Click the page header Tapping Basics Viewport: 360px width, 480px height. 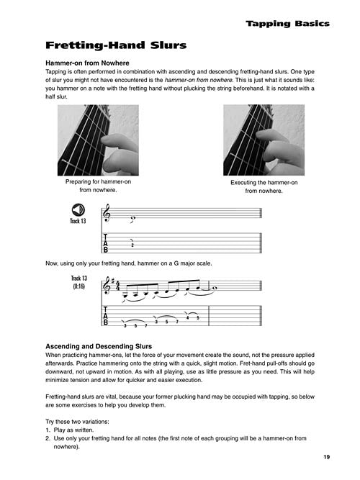coord(287,24)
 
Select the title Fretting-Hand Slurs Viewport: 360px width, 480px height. coord(116,45)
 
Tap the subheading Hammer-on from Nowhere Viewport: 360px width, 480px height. coord(87,63)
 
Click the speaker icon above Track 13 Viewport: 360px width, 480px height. coord(78,210)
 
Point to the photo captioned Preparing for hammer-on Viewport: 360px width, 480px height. coord(98,140)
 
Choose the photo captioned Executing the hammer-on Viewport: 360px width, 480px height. coord(264,140)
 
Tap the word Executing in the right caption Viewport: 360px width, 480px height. coord(243,183)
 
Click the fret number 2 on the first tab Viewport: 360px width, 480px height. coord(132,245)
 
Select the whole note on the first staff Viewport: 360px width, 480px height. coord(133,218)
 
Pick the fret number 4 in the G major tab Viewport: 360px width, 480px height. coord(187,318)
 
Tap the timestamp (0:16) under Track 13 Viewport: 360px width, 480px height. coord(78,286)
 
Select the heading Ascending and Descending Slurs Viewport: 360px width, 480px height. coord(99,347)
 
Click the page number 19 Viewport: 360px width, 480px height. coord(327,457)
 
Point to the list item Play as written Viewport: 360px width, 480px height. coord(73,430)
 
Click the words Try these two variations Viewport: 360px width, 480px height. coord(77,422)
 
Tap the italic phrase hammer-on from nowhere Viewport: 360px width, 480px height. coord(199,80)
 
